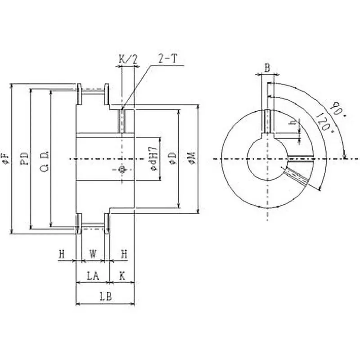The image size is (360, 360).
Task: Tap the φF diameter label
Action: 5,158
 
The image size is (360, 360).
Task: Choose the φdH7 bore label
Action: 153,158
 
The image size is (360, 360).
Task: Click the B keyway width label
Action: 267,68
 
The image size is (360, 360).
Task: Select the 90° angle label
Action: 335,109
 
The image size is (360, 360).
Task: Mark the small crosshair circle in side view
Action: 121,169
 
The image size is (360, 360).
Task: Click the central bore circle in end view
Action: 267,158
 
